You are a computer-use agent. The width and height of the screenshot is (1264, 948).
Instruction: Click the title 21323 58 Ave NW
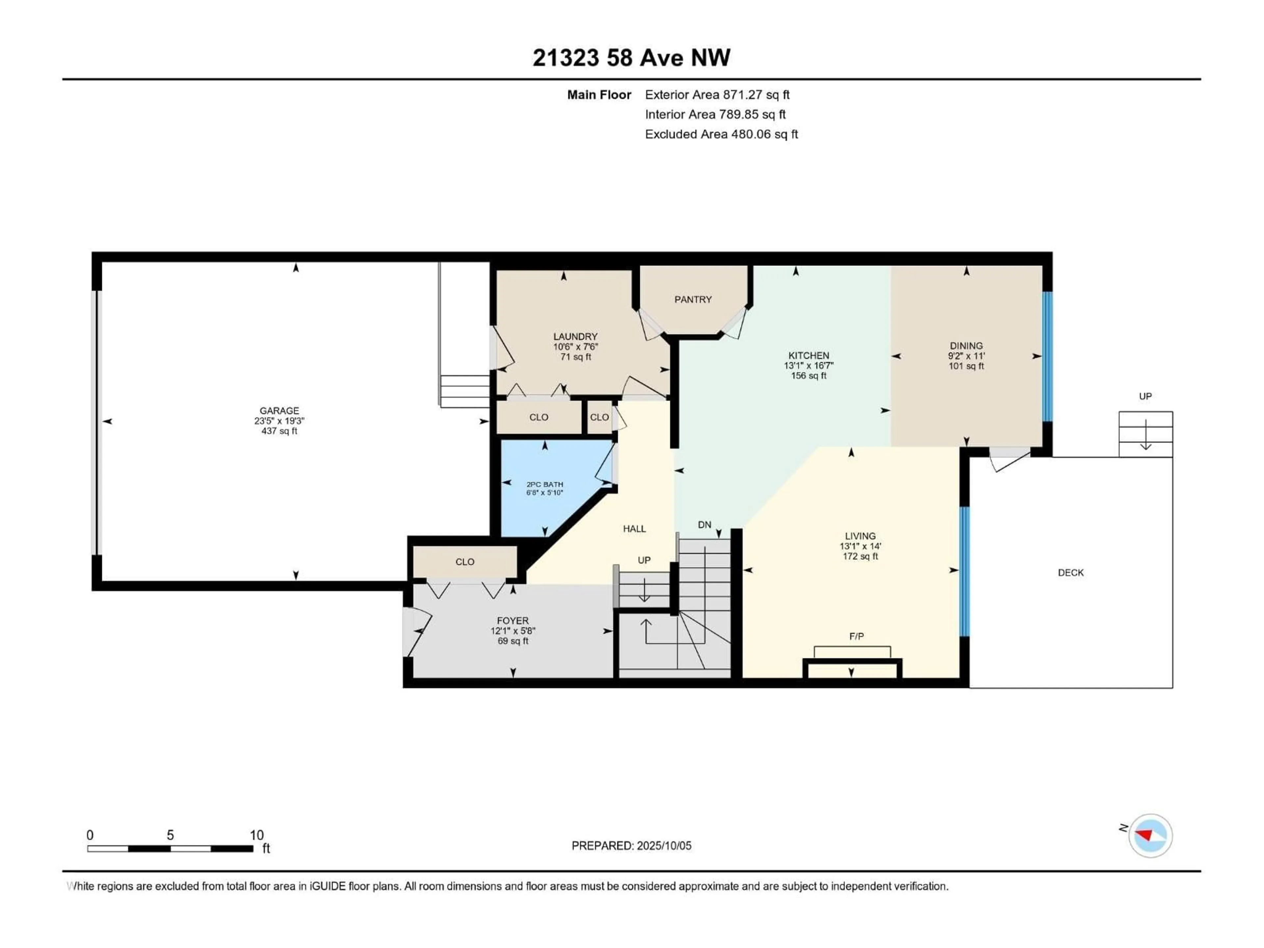coord(631,58)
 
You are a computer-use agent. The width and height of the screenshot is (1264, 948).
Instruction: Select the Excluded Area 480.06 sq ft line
coord(721,134)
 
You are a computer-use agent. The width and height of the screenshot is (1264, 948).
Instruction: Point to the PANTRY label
coord(693,300)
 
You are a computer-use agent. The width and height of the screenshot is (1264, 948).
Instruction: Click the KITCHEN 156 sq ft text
coord(808,376)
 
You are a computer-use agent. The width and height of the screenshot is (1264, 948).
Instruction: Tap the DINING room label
coord(966,346)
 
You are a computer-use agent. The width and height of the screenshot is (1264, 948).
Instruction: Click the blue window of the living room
coord(964,571)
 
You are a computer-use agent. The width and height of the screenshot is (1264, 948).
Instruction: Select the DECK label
coord(1070,572)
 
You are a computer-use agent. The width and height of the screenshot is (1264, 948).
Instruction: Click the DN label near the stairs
coord(704,525)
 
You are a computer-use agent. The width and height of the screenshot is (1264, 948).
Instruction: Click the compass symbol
coord(1150,835)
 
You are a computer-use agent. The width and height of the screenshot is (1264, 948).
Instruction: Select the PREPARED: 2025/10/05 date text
coord(631,846)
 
